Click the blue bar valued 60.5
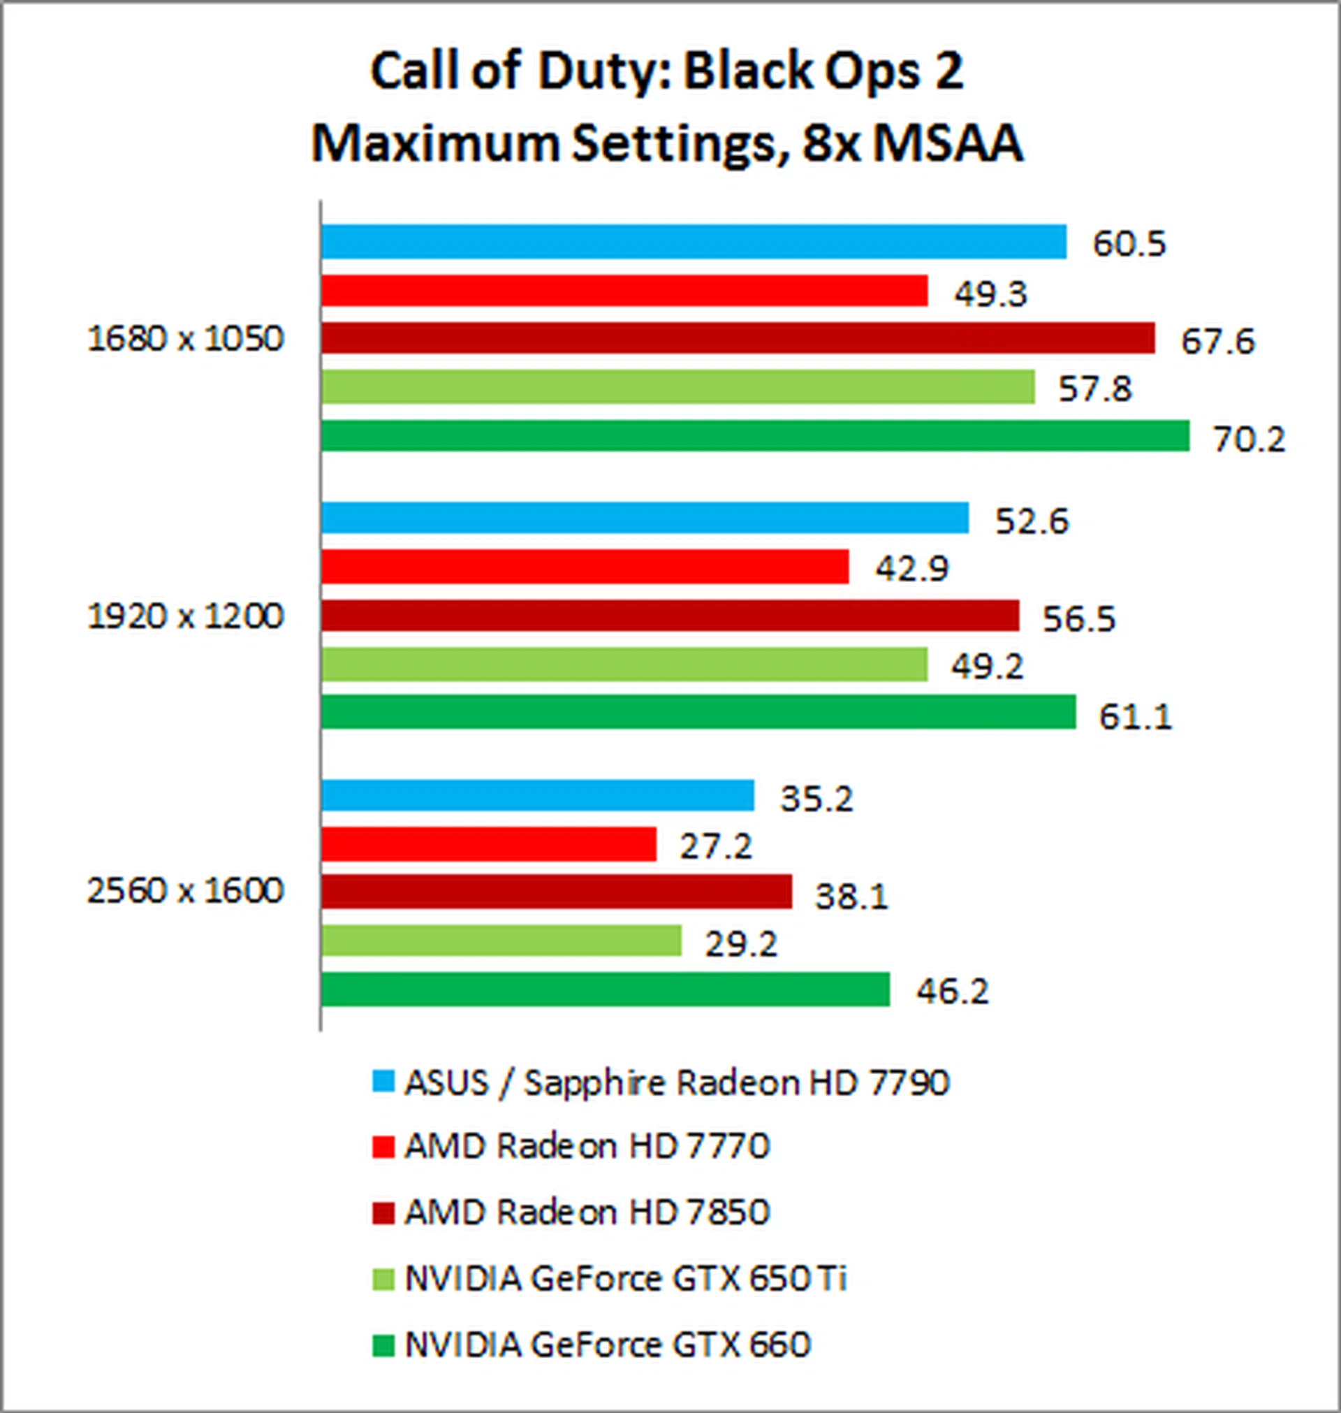point(694,242)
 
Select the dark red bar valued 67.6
point(738,338)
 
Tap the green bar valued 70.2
point(755,435)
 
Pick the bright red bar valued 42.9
point(585,567)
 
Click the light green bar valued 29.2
point(501,941)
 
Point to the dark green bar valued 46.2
point(605,989)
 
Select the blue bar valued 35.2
point(538,796)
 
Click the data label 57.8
point(1095,390)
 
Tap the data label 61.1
point(1136,716)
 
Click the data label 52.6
point(1032,521)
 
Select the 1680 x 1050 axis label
point(186,339)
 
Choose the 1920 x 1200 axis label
point(186,616)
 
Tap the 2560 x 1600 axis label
point(186,892)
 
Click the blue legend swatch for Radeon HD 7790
point(384,1082)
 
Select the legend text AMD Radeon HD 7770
point(587,1146)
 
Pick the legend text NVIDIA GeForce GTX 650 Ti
point(626,1279)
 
